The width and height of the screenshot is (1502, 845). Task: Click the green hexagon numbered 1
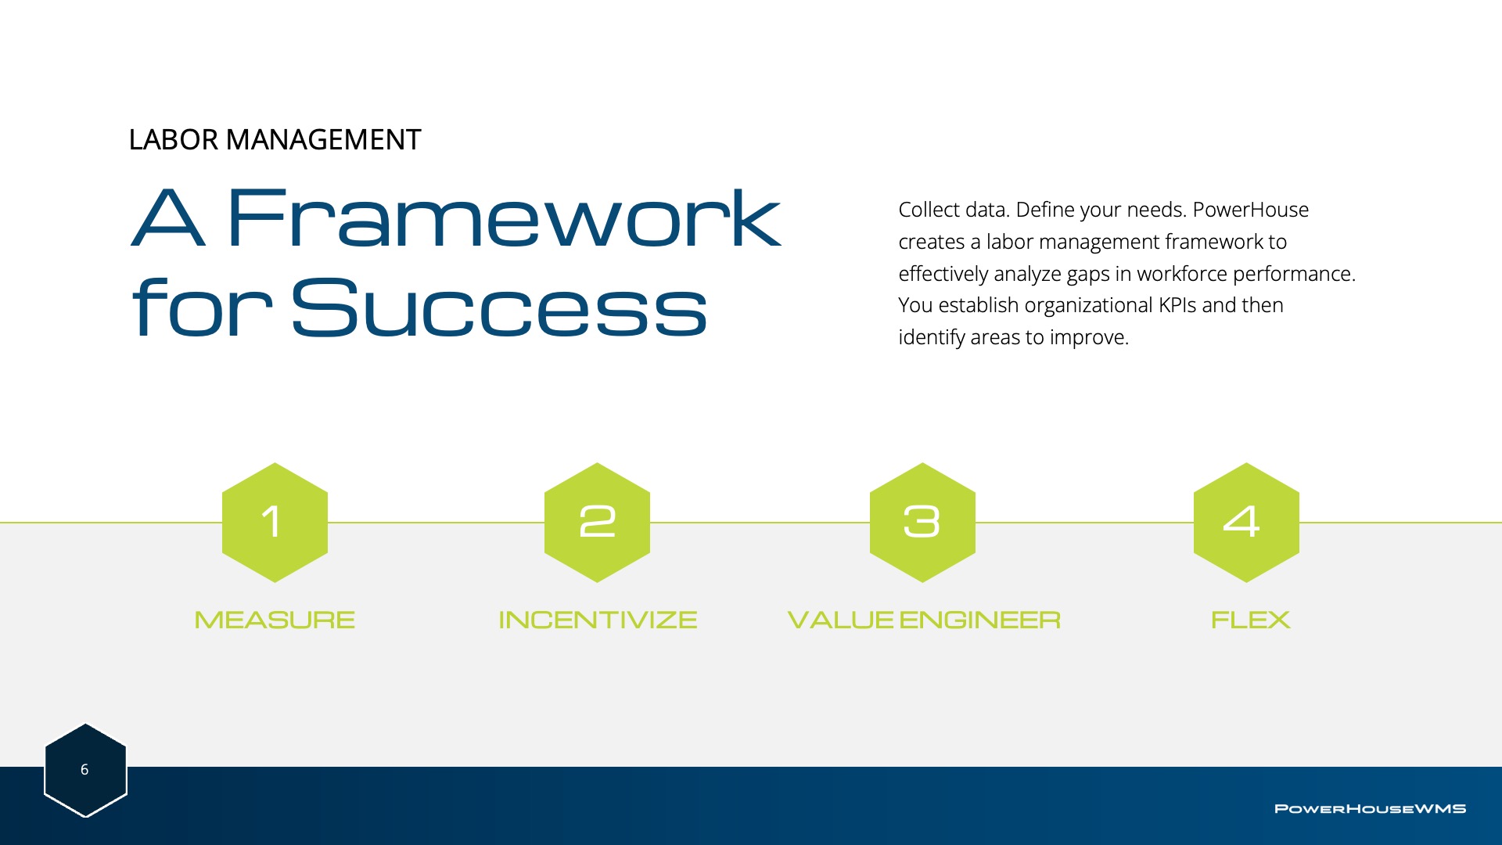click(x=275, y=523)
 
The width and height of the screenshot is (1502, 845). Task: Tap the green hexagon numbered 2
click(x=597, y=523)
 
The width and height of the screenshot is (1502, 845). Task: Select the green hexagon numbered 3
click(x=922, y=523)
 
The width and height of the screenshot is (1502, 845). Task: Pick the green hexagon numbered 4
click(x=1246, y=523)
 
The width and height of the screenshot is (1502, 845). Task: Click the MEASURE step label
click(x=275, y=620)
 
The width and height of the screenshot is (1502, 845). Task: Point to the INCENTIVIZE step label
click(x=598, y=620)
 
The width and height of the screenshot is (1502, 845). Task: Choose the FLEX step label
click(x=1250, y=620)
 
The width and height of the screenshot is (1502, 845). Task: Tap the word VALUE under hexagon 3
click(x=840, y=620)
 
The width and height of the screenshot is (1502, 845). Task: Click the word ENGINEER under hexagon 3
click(x=980, y=620)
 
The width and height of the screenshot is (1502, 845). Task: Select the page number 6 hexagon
click(x=85, y=770)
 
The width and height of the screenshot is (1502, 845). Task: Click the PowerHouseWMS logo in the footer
click(x=1370, y=809)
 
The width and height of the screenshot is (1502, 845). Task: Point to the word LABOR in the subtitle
click(x=174, y=140)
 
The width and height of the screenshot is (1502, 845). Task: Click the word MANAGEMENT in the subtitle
click(x=324, y=140)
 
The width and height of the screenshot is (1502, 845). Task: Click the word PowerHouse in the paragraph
click(x=1251, y=210)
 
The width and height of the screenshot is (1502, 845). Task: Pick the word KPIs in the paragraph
click(x=1177, y=305)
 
